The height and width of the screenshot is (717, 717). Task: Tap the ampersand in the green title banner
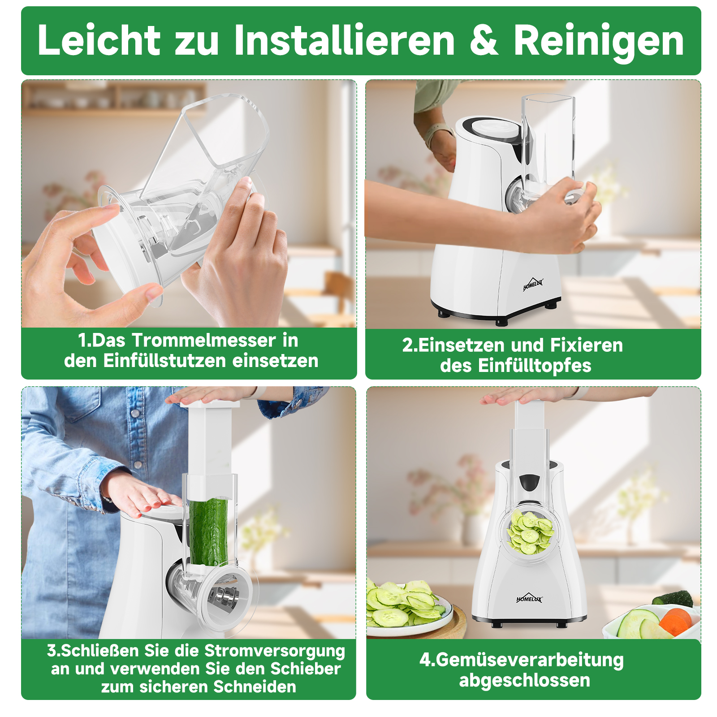[x=484, y=41]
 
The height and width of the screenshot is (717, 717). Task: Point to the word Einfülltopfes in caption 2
[x=535, y=365]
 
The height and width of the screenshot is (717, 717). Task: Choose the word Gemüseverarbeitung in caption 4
[x=529, y=660]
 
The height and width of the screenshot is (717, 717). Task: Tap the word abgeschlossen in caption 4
[x=524, y=680]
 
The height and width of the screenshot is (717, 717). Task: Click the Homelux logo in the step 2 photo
[x=533, y=284]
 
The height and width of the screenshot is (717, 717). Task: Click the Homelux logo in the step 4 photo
[x=529, y=598]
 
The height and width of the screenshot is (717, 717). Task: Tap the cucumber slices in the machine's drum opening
[x=530, y=532]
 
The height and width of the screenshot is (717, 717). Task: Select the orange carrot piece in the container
[x=675, y=621]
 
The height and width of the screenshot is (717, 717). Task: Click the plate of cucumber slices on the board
[x=406, y=609]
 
